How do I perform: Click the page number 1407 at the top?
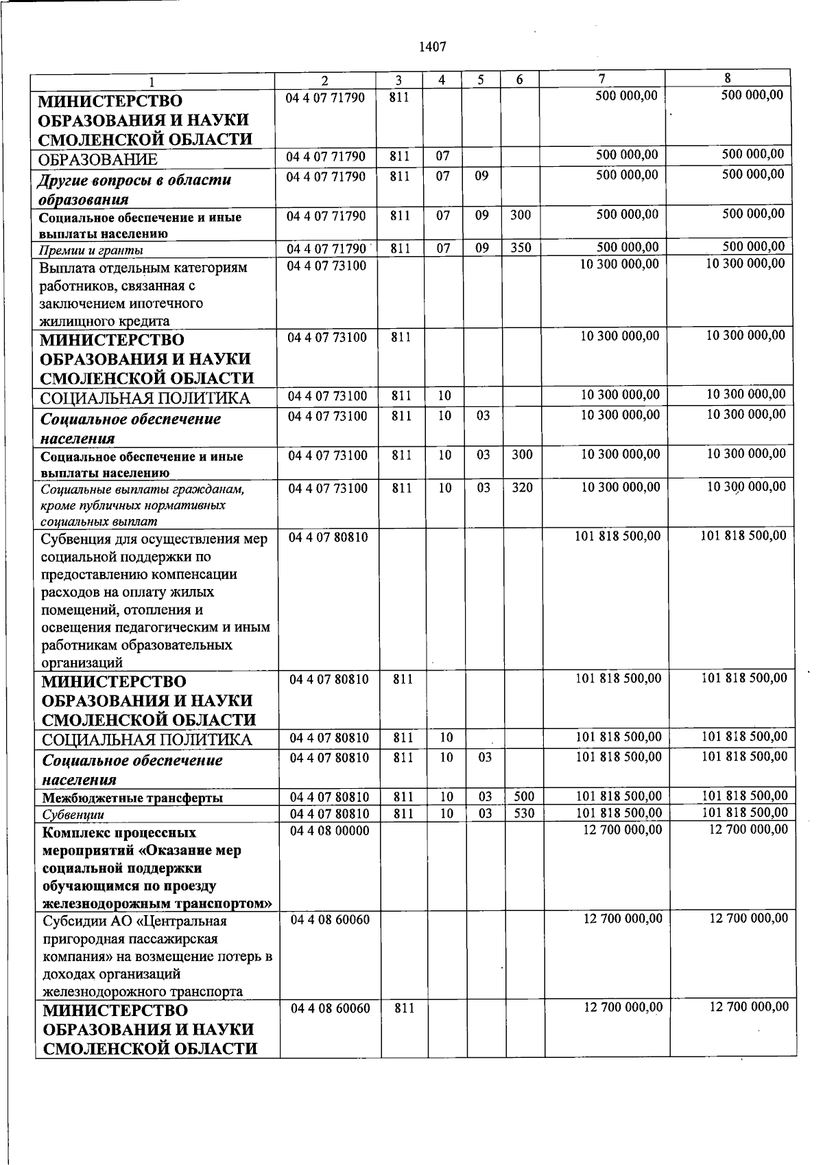pyautogui.click(x=431, y=47)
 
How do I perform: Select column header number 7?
pyautogui.click(x=601, y=79)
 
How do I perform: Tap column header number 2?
pyautogui.click(x=325, y=80)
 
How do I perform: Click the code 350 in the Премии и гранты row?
pyautogui.click(x=521, y=248)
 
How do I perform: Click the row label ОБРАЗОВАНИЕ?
pyautogui.click(x=99, y=160)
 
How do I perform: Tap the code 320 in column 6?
pyautogui.click(x=522, y=488)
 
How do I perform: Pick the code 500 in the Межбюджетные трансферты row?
pyautogui.click(x=524, y=797)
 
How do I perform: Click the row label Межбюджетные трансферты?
pyautogui.click(x=132, y=798)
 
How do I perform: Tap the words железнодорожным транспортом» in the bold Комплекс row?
pyautogui.click(x=157, y=903)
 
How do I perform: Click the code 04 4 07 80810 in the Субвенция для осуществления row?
pyautogui.click(x=329, y=537)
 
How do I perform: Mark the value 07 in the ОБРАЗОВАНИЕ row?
pyautogui.click(x=443, y=157)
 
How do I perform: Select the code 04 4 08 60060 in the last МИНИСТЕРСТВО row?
pyautogui.click(x=330, y=1008)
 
